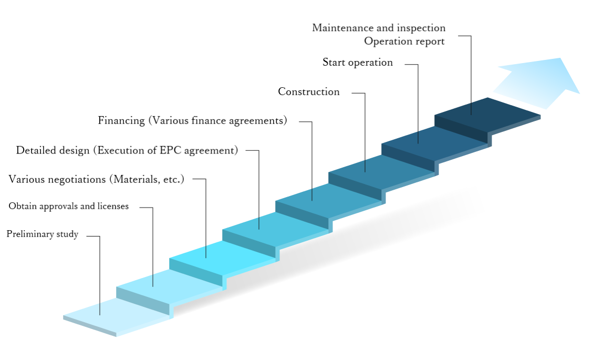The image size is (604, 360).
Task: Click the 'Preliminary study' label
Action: pos(43,234)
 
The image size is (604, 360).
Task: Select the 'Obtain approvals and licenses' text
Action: pos(69,206)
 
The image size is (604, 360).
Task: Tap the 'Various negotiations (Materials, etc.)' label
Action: pos(96,179)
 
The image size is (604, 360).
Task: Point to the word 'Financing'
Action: pos(121,121)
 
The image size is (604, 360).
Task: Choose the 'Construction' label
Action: pos(309,92)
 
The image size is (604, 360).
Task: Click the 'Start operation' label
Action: pos(358,63)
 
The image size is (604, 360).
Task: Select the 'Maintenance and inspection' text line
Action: pos(379,28)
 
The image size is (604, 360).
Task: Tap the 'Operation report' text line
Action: pos(404,41)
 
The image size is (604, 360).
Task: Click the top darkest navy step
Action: pos(488,115)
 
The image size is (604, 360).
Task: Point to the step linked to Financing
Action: pos(329,201)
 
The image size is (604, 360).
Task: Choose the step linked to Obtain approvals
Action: pos(169,287)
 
